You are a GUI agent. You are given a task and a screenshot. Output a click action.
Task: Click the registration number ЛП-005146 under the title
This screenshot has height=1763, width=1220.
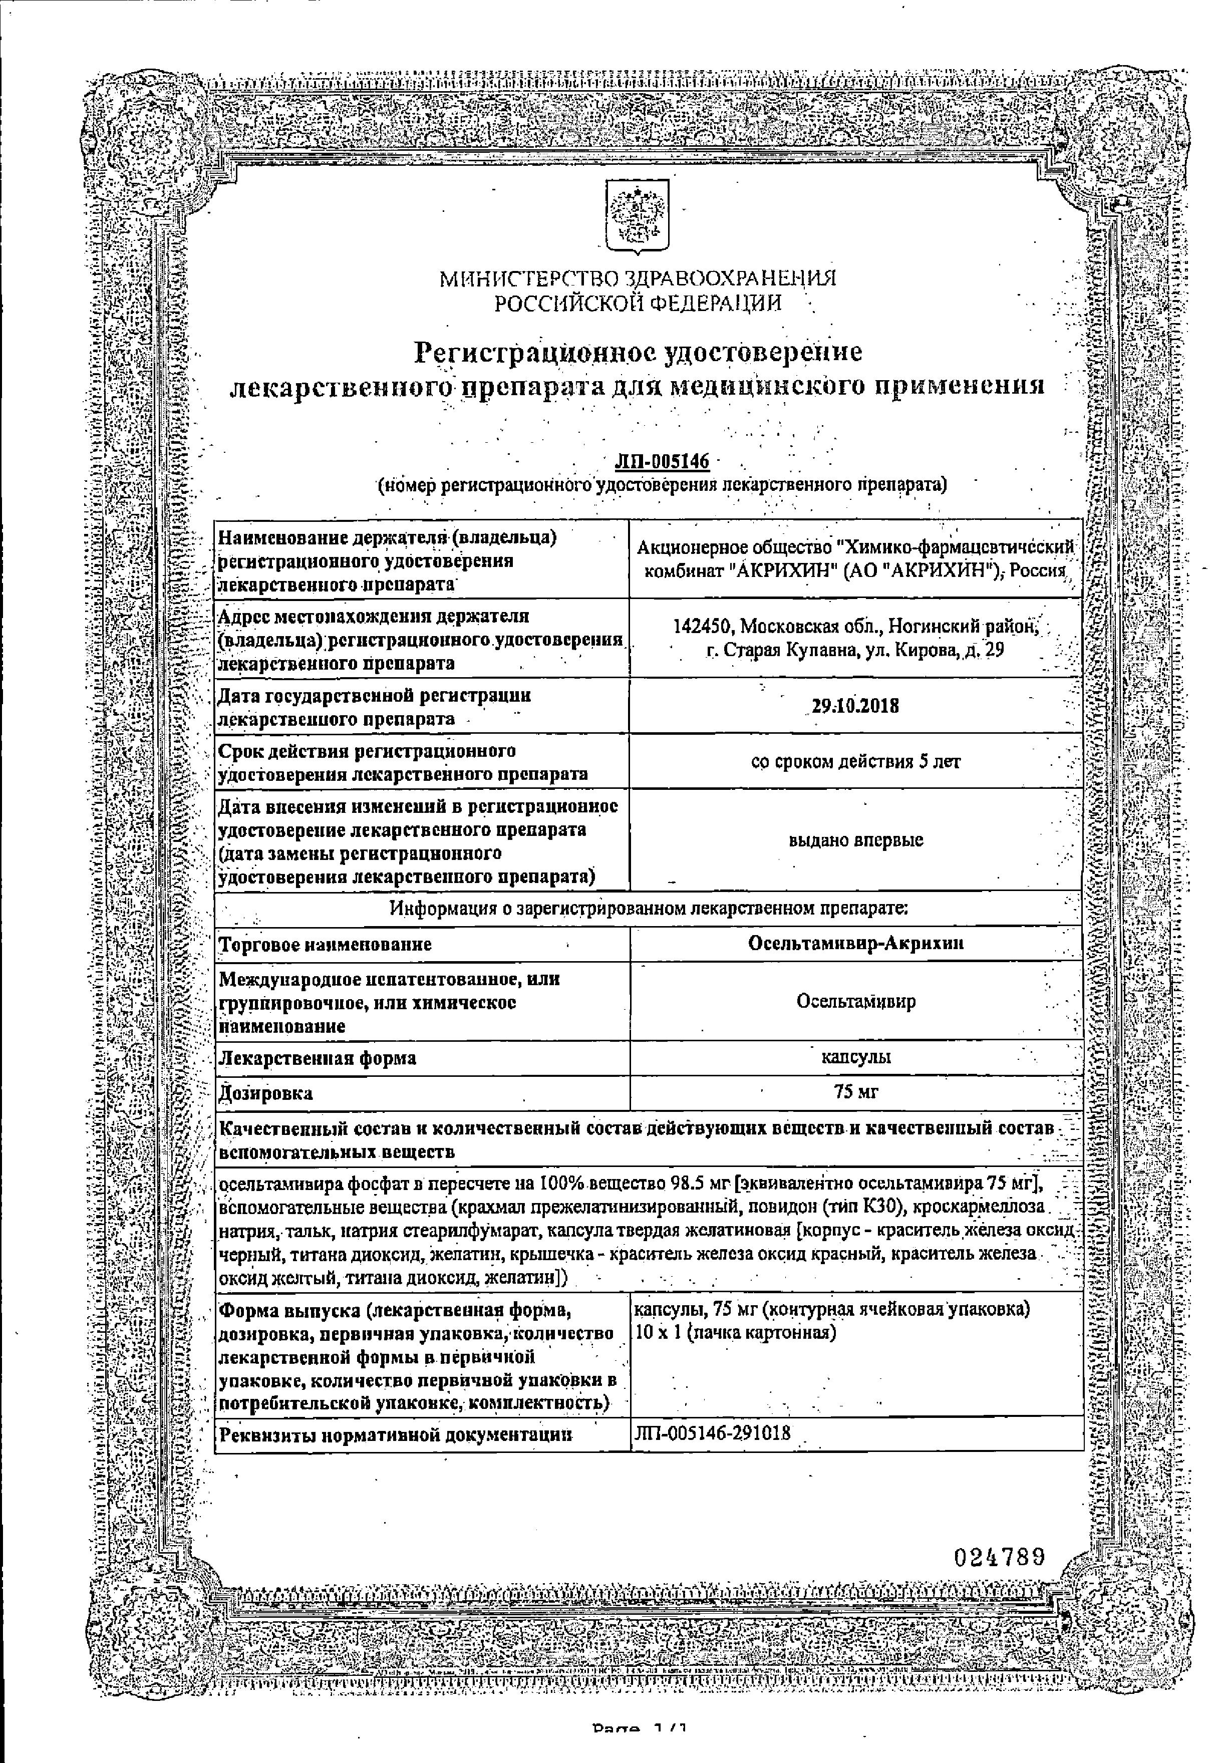click(x=662, y=463)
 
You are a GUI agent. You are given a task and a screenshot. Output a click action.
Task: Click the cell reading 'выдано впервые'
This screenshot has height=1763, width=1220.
click(x=855, y=840)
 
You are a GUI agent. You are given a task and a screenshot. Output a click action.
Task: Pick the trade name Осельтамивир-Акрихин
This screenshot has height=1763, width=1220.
click(x=855, y=944)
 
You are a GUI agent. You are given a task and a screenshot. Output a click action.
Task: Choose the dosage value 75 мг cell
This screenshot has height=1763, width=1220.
click(x=856, y=1092)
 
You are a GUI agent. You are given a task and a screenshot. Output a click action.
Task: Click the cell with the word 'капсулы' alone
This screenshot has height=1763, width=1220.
click(x=855, y=1057)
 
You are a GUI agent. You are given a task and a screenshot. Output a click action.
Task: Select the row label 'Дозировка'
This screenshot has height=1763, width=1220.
click(x=266, y=1094)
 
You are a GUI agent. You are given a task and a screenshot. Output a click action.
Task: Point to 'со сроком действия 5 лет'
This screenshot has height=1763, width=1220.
click(x=855, y=761)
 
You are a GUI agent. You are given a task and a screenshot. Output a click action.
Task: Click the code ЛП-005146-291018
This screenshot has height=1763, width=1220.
click(x=712, y=1433)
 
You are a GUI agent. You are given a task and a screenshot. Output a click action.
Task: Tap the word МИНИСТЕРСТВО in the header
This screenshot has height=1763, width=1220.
click(x=530, y=279)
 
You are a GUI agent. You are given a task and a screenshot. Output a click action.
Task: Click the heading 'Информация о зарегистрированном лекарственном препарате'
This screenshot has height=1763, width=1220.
click(x=648, y=909)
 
